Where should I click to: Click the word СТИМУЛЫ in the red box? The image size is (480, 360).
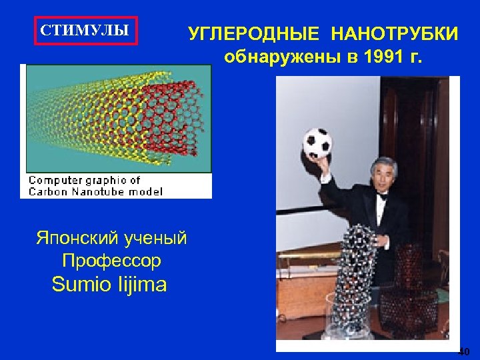pyautogui.click(x=85, y=31)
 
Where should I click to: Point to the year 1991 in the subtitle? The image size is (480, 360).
pyautogui.click(x=385, y=57)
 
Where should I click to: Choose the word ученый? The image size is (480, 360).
pyautogui.click(x=155, y=238)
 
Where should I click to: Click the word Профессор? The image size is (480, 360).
pyautogui.click(x=111, y=260)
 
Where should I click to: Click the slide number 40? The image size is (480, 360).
pyautogui.click(x=464, y=351)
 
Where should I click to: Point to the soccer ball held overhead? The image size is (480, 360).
pyautogui.click(x=318, y=141)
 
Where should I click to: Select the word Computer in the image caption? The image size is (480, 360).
pyautogui.click(x=54, y=180)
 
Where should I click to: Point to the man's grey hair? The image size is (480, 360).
pyautogui.click(x=383, y=163)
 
